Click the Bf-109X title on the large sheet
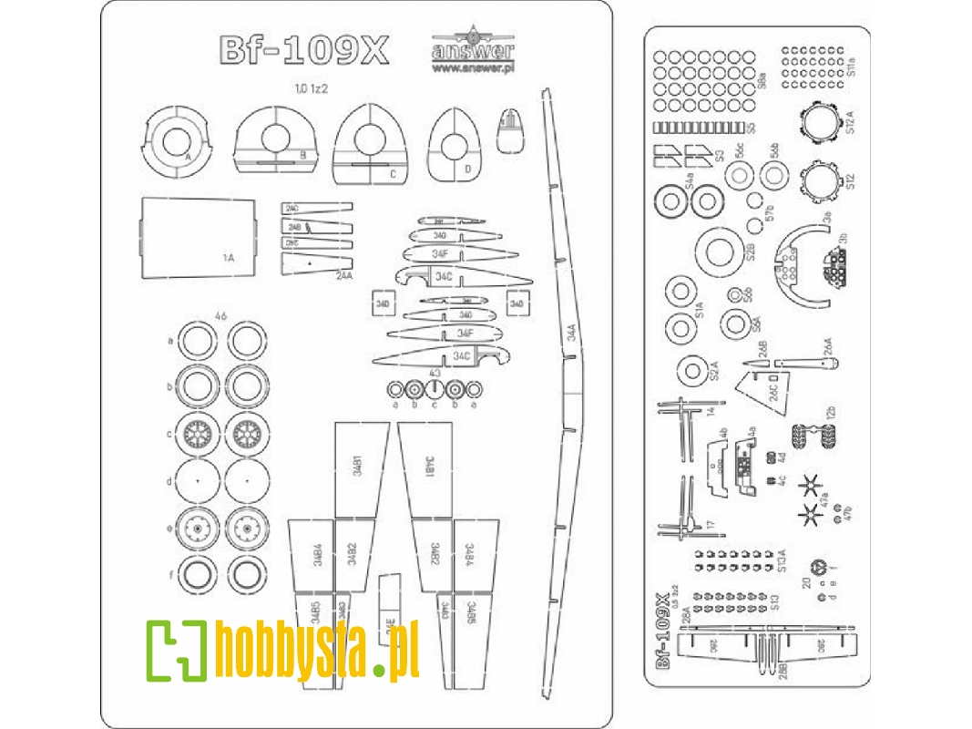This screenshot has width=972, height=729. click(x=303, y=52)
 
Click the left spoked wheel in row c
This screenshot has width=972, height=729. click(x=198, y=434)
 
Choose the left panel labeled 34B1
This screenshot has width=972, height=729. click(x=356, y=469)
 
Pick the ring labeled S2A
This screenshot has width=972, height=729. click(x=698, y=368)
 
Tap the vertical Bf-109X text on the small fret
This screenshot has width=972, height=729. click(x=664, y=628)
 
